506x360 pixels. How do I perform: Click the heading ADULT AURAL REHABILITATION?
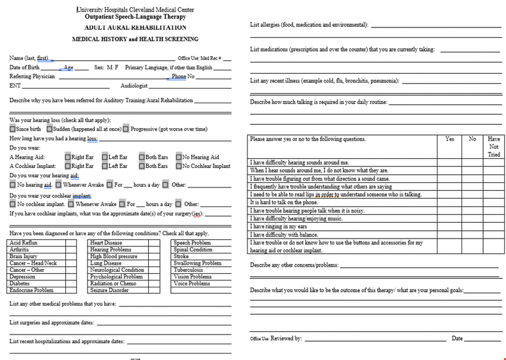[x=136, y=27]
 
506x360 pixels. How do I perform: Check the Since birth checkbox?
[x=12, y=129]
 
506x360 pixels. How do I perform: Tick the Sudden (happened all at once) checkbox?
[x=49, y=129]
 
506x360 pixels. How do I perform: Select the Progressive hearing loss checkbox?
[x=126, y=129]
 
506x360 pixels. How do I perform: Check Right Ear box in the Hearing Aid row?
[x=68, y=157]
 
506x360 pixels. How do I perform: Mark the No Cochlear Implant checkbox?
[x=178, y=167]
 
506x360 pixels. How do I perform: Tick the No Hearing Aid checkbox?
[x=178, y=157]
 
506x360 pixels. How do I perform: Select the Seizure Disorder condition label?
[x=109, y=290]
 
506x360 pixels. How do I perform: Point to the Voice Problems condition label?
[x=192, y=284]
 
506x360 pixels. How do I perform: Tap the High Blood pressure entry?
[x=114, y=256]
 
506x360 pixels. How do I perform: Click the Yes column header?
[x=449, y=139]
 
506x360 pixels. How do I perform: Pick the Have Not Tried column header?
[x=494, y=146]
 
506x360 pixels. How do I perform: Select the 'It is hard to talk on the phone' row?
[x=289, y=202]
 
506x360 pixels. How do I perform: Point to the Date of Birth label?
[x=25, y=67]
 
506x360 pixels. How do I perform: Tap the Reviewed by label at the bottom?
[x=286, y=338]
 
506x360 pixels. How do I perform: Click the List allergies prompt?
[x=309, y=25]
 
